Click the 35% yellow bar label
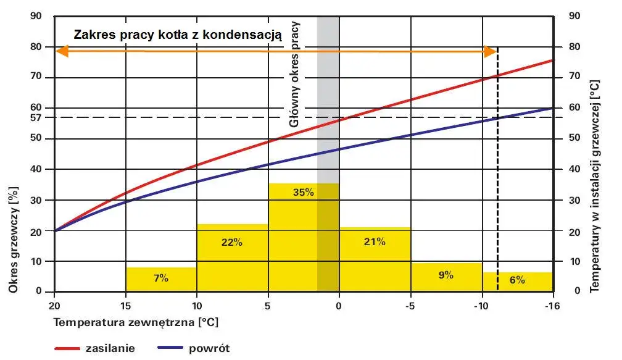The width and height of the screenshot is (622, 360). [x=304, y=192]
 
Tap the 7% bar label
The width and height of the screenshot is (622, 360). [x=162, y=278]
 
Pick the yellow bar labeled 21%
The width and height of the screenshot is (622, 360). [x=375, y=241]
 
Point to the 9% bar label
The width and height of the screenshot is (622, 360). [x=446, y=275]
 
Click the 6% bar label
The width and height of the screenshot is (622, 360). [x=517, y=280]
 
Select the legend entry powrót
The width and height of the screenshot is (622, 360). [x=209, y=348]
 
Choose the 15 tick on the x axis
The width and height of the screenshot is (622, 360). [x=126, y=305]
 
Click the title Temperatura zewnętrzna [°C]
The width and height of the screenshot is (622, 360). [x=136, y=322]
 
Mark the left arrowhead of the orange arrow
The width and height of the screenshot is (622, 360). [x=60, y=51]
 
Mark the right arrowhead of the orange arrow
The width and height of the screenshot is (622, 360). [x=491, y=51]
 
